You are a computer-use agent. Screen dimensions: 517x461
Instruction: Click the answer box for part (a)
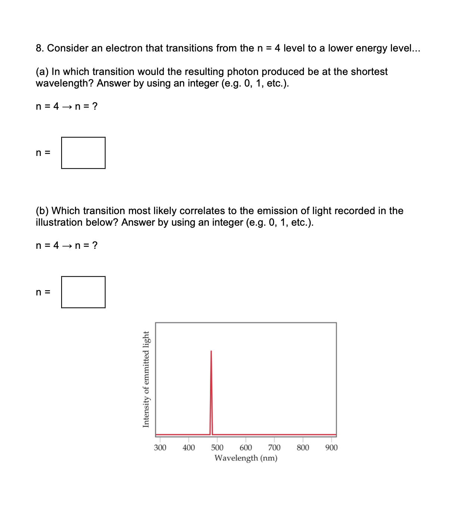click(x=83, y=153)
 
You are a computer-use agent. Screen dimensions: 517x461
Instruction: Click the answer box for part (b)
click(x=83, y=292)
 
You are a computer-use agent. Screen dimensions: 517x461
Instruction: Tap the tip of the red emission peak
click(x=211, y=351)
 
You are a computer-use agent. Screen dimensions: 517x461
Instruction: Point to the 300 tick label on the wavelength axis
click(x=160, y=448)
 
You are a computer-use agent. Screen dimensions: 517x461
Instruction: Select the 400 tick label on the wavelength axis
click(x=189, y=448)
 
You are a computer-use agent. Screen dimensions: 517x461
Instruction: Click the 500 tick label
click(x=217, y=448)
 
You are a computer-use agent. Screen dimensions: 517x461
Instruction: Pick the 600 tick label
click(x=246, y=448)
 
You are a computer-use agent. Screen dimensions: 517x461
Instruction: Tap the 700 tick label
click(x=274, y=448)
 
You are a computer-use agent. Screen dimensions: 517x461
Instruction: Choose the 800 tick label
click(x=303, y=448)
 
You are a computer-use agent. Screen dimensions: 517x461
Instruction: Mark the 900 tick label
click(x=331, y=448)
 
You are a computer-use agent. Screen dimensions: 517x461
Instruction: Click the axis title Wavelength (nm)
click(x=246, y=458)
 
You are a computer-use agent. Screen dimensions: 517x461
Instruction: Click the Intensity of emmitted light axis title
click(x=146, y=379)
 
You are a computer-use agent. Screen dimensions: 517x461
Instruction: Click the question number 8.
click(x=40, y=48)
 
